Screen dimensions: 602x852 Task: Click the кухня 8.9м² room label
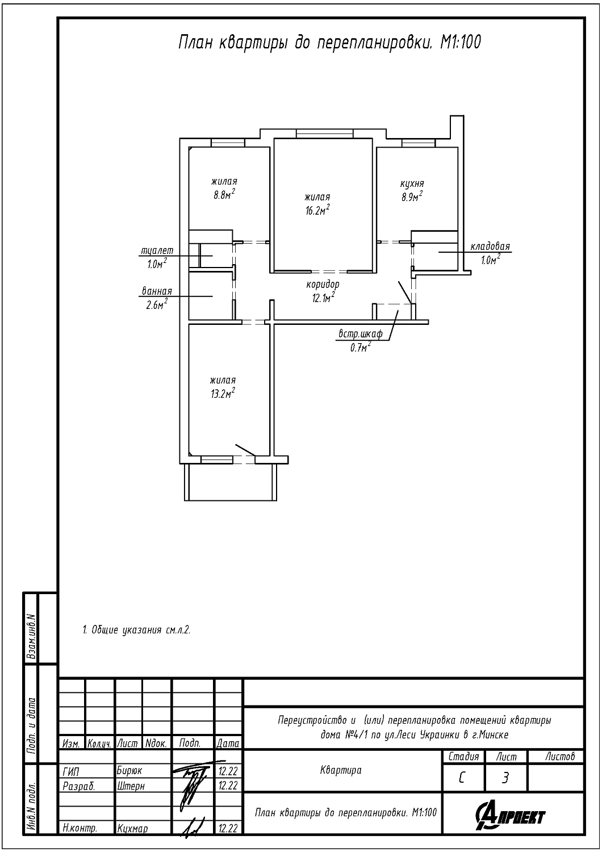click(412, 190)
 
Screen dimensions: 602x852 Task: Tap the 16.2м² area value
click(317, 210)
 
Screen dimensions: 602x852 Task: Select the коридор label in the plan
click(323, 284)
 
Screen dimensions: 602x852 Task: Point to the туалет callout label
click(157, 250)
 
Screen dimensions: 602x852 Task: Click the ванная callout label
click(157, 291)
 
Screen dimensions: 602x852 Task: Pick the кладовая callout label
click(490, 246)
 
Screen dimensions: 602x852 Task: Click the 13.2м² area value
click(223, 393)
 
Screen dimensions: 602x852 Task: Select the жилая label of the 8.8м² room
click(224, 181)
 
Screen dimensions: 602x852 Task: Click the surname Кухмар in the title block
click(132, 828)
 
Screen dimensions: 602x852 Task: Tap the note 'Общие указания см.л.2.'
click(136, 630)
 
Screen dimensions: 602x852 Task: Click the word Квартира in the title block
click(341, 770)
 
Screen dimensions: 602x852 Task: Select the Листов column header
click(560, 757)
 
